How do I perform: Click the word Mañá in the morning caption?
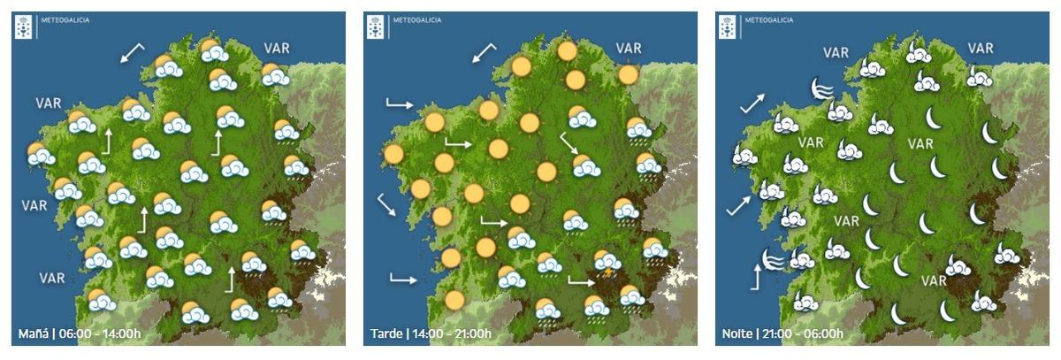[33, 334]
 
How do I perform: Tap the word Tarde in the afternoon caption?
[385, 334]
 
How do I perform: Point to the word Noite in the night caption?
[737, 334]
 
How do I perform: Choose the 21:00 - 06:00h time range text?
[802, 334]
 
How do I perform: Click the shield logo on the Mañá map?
[24, 27]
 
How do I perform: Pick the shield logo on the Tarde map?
[376, 27]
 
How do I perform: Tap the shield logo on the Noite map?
[728, 27]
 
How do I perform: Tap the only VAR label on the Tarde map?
[629, 49]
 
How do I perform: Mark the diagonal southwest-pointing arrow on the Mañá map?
[132, 53]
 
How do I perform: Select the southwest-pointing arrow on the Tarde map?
[484, 53]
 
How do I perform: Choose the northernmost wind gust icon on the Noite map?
[821, 88]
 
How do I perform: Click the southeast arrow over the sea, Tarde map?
[386, 205]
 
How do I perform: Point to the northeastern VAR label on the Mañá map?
[277, 49]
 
